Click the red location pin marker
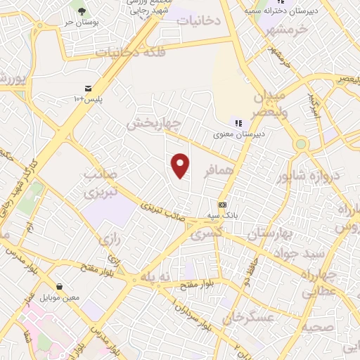click(181, 165)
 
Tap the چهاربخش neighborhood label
click(154, 124)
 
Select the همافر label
click(219, 171)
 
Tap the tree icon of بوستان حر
click(82, 11)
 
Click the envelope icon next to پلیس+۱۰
click(88, 88)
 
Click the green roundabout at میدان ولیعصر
click(301, 144)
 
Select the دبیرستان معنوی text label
click(240, 132)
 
